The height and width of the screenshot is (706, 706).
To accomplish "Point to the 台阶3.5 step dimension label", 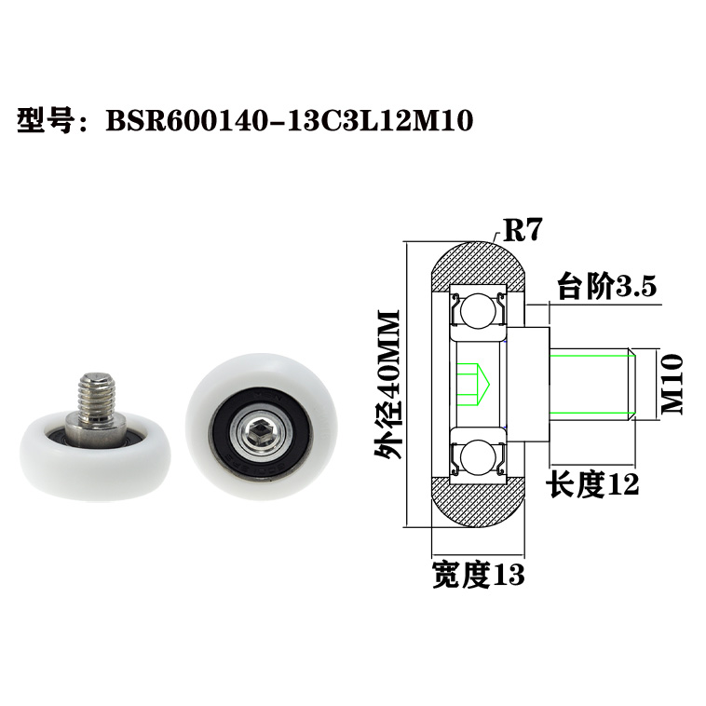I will click(x=606, y=287).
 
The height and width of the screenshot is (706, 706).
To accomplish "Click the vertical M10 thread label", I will click(x=672, y=383).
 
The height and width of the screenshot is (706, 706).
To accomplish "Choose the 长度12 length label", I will click(x=593, y=484).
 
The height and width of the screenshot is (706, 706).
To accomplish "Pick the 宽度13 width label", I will click(x=478, y=575).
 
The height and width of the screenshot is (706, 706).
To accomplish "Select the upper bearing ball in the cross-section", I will click(x=477, y=308).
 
